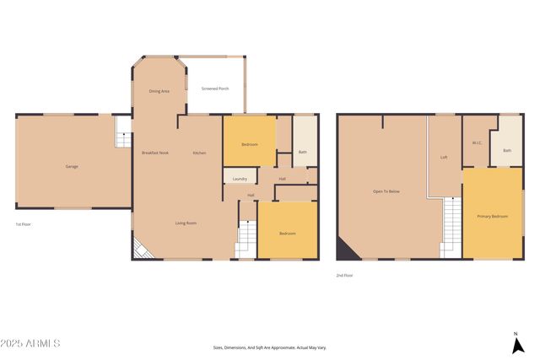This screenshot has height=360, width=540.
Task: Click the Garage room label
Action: tap(72, 166)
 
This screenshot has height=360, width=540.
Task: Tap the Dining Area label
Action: tap(159, 91)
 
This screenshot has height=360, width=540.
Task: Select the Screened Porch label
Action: tap(214, 89)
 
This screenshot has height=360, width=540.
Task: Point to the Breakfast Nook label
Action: tap(155, 153)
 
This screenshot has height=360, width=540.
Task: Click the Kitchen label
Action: tap(200, 153)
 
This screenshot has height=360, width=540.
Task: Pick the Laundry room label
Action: tap(240, 179)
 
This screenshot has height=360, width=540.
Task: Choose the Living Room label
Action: tap(186, 223)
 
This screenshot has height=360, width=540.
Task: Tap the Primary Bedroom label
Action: tap(493, 217)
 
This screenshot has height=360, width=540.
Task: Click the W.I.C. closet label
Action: tap(477, 142)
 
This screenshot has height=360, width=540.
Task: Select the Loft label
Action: tap(444, 158)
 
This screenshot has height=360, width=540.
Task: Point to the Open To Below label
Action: tap(386, 191)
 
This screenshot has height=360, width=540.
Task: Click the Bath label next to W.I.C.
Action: tap(507, 151)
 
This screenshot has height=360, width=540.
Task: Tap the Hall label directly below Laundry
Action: tap(251, 196)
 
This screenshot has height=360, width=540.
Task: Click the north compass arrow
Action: tap(516, 343)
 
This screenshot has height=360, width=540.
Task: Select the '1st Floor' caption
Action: tap(24, 224)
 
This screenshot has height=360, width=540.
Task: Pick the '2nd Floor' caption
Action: tap(343, 275)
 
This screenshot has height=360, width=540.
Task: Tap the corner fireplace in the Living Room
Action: tap(141, 249)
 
